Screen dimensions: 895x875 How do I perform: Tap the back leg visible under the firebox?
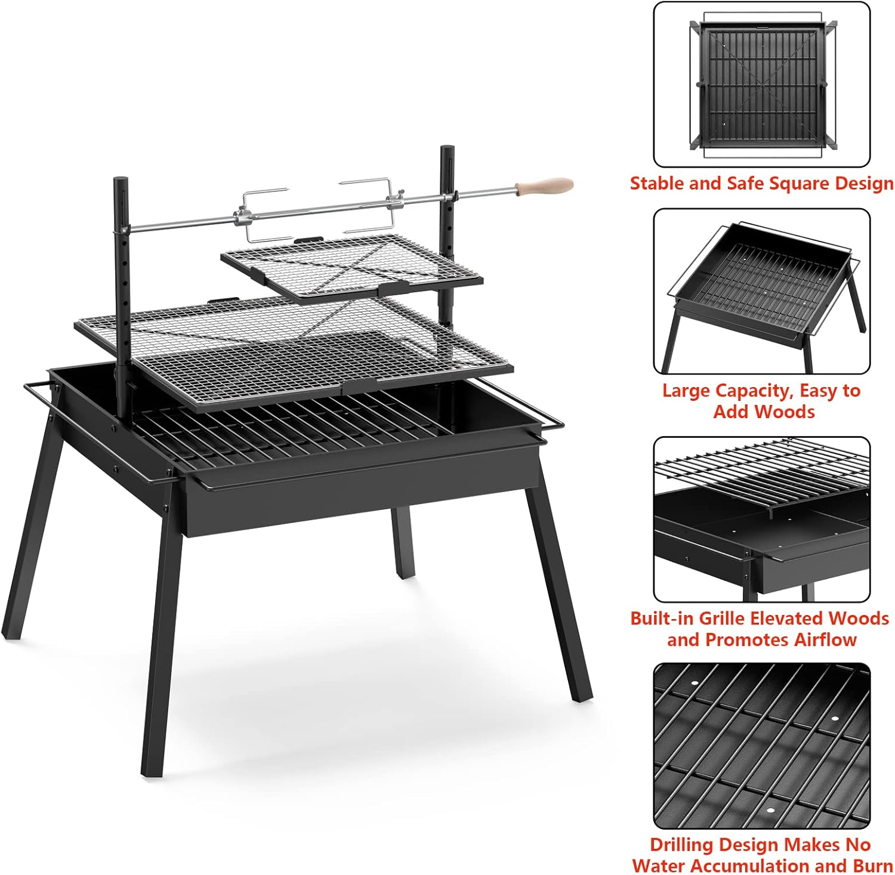point(403,542)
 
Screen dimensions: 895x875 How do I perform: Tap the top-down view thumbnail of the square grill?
point(762,85)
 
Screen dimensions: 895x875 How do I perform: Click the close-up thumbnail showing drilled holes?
point(762,746)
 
